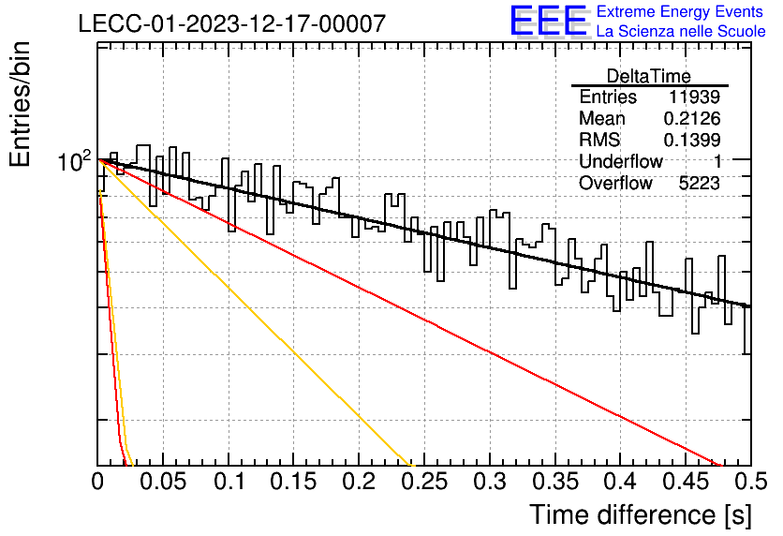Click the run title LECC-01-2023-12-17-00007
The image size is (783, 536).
[232, 23]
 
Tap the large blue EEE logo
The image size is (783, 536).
[549, 21]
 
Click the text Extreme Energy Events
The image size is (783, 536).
[680, 11]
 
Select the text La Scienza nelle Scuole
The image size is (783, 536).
[681, 31]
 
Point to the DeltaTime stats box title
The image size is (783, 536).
[649, 76]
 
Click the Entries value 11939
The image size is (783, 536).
[694, 97]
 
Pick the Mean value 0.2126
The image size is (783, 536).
[692, 118]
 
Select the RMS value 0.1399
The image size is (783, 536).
[692, 140]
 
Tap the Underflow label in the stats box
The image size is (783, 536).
[621, 161]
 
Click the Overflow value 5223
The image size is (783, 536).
[699, 184]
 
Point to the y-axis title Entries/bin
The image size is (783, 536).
[20, 105]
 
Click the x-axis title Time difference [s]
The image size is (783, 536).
[641, 515]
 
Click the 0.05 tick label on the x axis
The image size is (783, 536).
[163, 482]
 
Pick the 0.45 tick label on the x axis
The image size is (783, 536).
[686, 482]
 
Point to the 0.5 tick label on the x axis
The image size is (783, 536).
[751, 482]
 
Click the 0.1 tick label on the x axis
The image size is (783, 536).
[229, 482]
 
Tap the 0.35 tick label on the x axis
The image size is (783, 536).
[555, 482]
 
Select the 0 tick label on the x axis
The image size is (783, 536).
[97, 482]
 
